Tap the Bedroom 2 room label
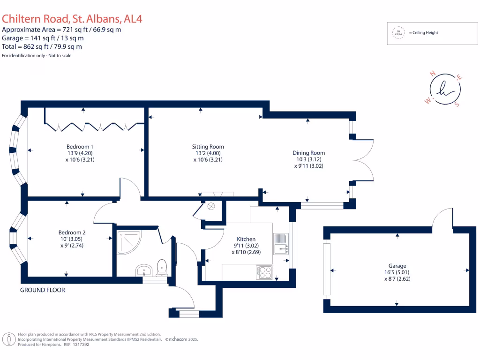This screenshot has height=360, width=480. coord(72,232)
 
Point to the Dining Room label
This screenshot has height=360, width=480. coord(308,153)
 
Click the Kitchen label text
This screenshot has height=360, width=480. coord(246,239)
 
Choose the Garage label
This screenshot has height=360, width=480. coord(396,266)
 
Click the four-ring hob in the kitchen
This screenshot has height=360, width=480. coord(264,272)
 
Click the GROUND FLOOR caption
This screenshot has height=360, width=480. coord(42,290)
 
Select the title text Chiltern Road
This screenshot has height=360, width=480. coord(36,19)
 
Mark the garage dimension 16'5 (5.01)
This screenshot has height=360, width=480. coord(396,272)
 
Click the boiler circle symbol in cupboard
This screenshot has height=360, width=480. coord(211,205)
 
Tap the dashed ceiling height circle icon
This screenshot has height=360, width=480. coord(399,33)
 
